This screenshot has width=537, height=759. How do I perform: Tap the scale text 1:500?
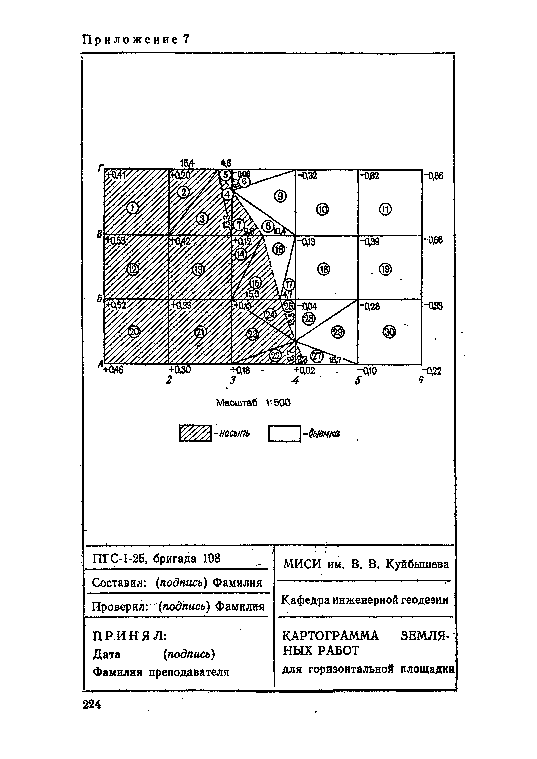[x=278, y=403]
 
